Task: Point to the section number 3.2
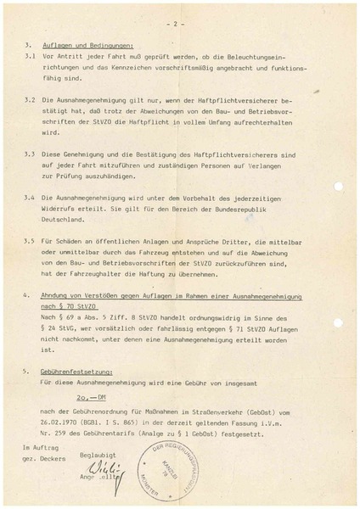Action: pos(30,99)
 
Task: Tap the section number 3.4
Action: pos(30,196)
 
